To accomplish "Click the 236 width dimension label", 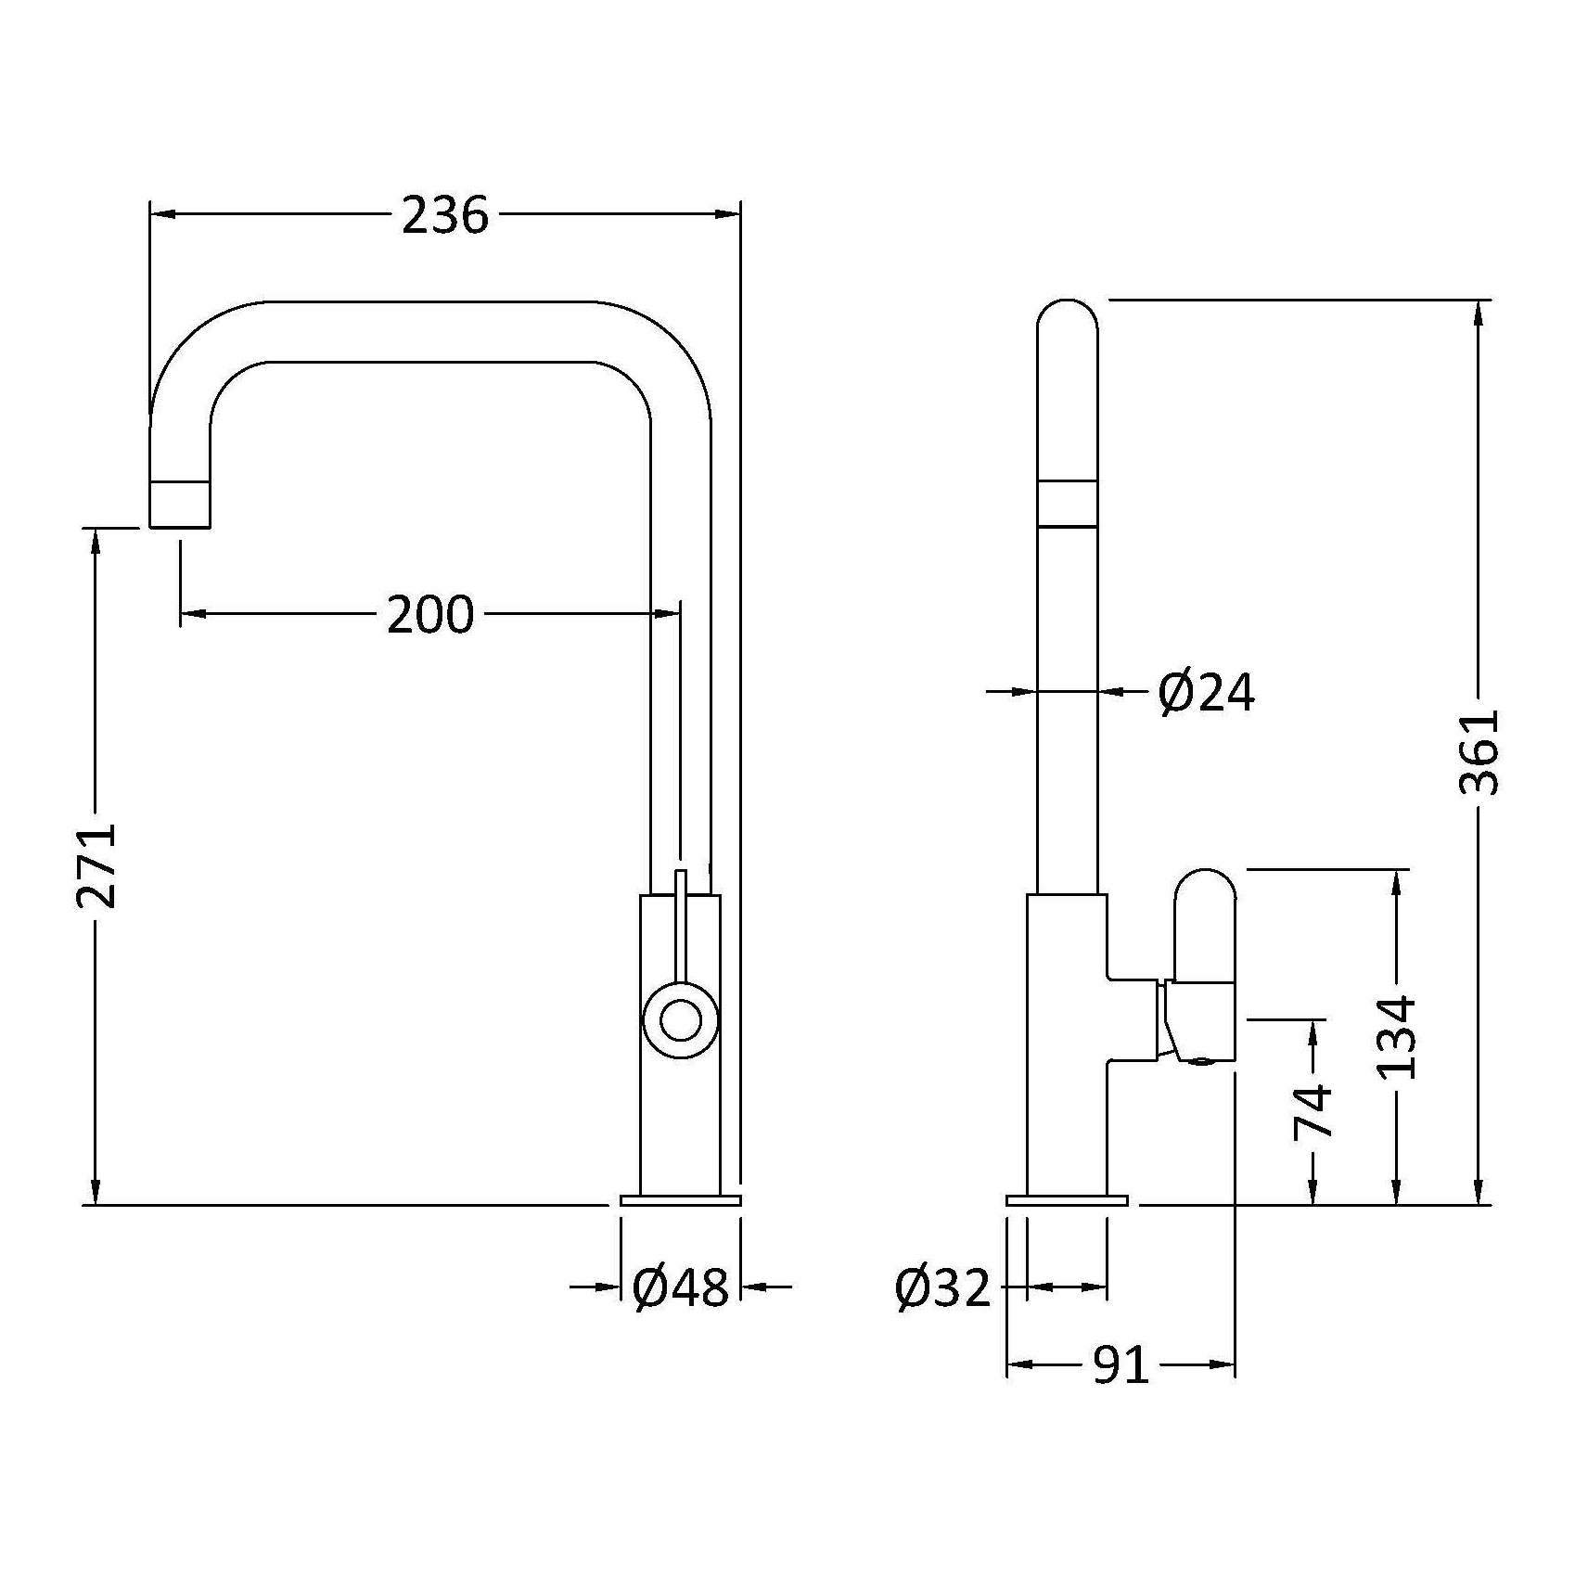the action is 445,215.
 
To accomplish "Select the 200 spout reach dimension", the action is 430,614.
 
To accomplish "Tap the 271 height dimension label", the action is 97,864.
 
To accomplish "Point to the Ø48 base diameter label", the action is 681,1287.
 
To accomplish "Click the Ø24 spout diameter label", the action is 1207,692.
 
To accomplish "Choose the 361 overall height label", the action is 1479,752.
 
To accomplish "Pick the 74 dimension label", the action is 1313,1111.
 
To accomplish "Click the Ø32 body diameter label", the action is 943,1287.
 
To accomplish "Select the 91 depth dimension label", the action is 1120,1364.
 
